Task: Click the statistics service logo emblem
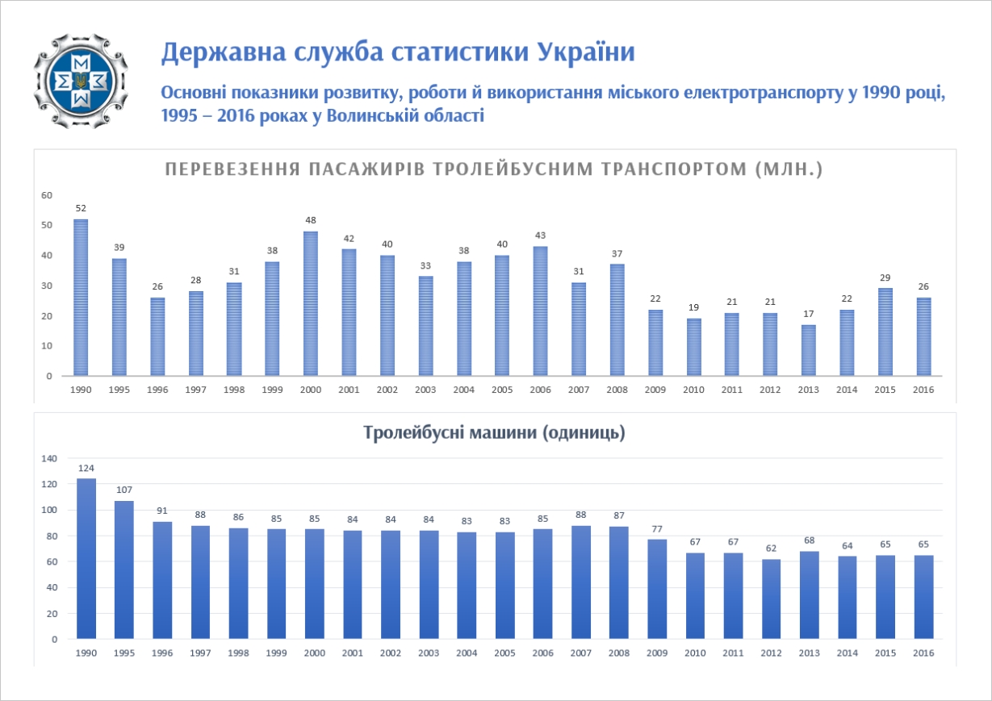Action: click(x=80, y=81)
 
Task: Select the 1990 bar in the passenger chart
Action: click(x=81, y=298)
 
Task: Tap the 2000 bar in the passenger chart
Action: click(x=311, y=304)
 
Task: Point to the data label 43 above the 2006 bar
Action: click(x=541, y=235)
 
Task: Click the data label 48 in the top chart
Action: click(x=311, y=219)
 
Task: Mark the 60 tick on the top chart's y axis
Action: click(x=47, y=195)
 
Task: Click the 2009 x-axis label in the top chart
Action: click(x=655, y=390)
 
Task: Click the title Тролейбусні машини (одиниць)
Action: click(x=495, y=433)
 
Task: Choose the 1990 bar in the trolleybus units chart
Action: click(x=86, y=558)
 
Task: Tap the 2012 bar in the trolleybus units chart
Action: click(x=772, y=599)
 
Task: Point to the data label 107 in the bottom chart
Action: click(x=123, y=490)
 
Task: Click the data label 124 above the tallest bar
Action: click(x=86, y=468)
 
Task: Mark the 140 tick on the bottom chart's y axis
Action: click(x=50, y=458)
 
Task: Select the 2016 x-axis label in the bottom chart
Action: click(x=923, y=653)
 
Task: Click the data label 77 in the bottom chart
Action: click(x=657, y=528)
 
